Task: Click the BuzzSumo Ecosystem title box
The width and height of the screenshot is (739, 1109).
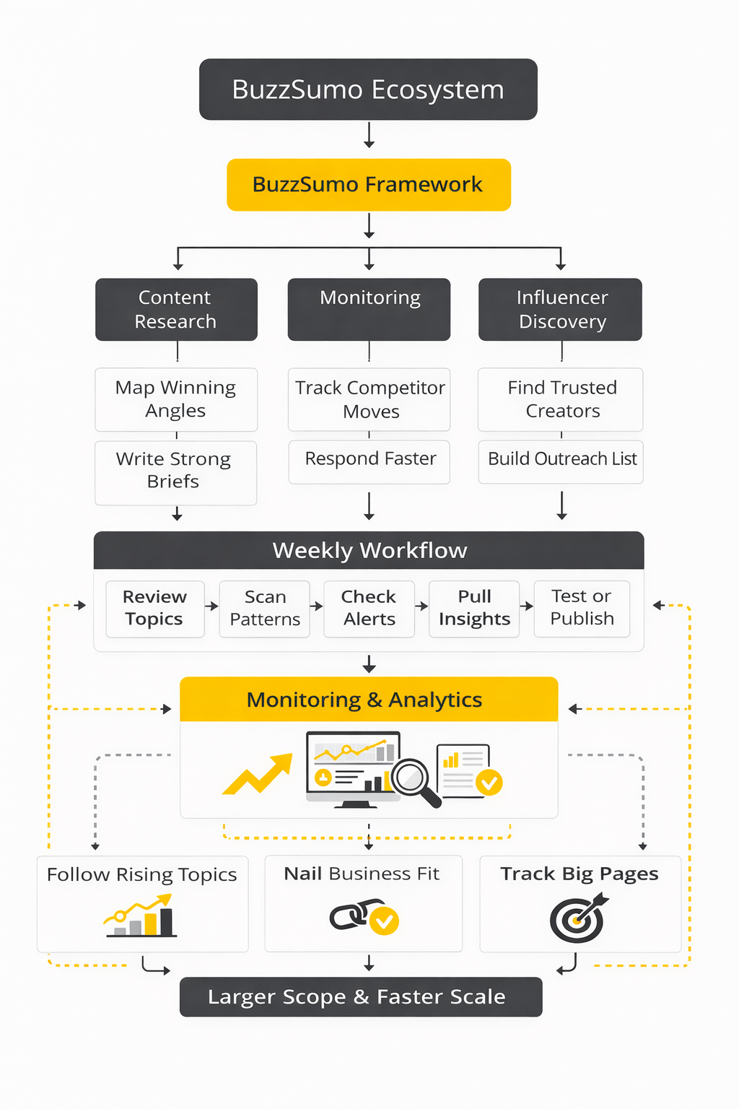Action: (368, 90)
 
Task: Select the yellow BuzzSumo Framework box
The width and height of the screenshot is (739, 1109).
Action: (368, 185)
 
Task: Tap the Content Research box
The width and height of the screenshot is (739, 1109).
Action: (176, 309)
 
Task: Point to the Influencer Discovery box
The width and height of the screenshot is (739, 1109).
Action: (560, 309)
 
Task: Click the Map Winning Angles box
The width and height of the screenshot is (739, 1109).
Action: (176, 399)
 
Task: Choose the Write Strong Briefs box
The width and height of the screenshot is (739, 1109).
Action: (175, 472)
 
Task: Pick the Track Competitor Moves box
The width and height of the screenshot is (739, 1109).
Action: (369, 399)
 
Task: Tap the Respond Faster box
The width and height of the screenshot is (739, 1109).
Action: (369, 461)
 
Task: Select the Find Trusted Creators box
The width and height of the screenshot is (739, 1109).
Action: (561, 399)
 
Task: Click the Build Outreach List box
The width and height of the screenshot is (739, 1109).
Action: (561, 461)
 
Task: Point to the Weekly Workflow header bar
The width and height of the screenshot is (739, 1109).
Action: (368, 550)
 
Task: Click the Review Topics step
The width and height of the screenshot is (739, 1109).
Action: (154, 608)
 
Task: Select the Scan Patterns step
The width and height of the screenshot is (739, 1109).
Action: (265, 608)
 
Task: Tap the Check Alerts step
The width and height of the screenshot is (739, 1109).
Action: (369, 608)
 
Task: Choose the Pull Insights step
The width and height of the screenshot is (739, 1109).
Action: (474, 608)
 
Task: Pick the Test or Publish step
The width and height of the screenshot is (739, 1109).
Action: (582, 608)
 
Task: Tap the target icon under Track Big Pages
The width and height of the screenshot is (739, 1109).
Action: (577, 919)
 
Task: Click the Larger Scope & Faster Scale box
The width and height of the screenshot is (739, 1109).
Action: (361, 997)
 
